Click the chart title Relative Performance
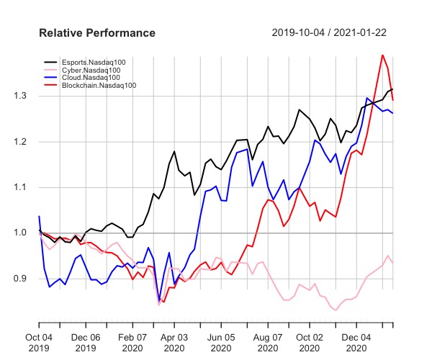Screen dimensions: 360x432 (96, 34)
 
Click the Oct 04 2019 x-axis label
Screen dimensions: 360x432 (39, 341)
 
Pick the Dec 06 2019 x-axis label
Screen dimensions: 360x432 (86, 341)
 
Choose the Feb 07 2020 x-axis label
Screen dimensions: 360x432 (132, 341)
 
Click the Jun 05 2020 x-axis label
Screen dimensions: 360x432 (221, 341)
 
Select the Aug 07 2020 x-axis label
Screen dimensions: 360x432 (268, 341)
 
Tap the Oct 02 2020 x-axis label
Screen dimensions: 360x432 (310, 341)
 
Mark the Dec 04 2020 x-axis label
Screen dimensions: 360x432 (357, 341)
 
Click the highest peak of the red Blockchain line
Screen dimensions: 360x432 (382, 55)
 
